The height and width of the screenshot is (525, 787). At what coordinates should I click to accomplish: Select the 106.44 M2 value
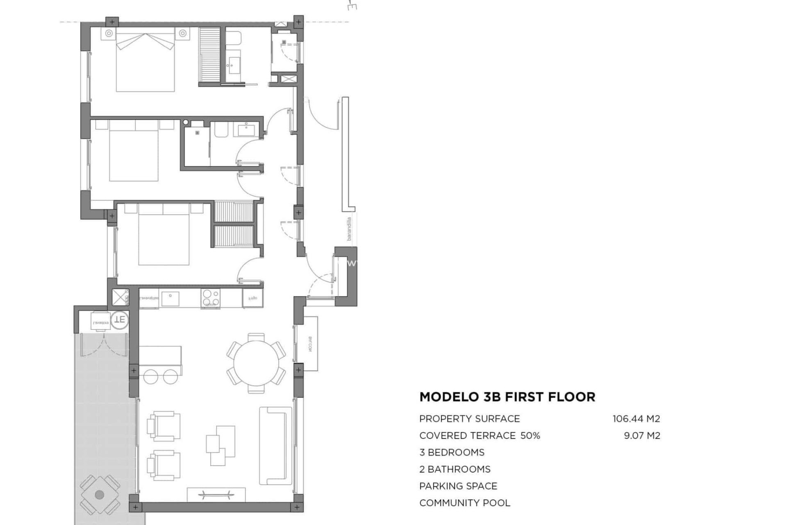pyautogui.click(x=636, y=419)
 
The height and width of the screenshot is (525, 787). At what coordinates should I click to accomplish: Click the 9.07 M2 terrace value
pyautogui.click(x=642, y=436)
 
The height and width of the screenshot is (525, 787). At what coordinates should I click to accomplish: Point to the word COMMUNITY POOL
pyautogui.click(x=464, y=503)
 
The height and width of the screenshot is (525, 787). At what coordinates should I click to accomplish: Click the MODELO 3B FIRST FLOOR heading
pyautogui.click(x=507, y=397)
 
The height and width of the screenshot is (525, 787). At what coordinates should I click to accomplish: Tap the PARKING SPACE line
pyautogui.click(x=458, y=486)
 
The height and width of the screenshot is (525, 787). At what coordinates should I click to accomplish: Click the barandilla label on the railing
pyautogui.click(x=349, y=229)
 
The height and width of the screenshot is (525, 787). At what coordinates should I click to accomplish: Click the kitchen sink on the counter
pyautogui.click(x=170, y=299)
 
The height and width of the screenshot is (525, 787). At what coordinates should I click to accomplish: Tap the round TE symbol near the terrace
pyautogui.click(x=120, y=320)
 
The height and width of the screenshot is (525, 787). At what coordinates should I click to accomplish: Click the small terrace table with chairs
pyautogui.click(x=100, y=494)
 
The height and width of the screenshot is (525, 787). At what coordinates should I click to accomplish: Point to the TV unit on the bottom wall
pyautogui.click(x=216, y=494)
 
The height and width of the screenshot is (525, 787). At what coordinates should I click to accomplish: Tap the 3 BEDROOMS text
pyautogui.click(x=452, y=452)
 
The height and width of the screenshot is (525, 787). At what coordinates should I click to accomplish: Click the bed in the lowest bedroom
pyautogui.click(x=164, y=236)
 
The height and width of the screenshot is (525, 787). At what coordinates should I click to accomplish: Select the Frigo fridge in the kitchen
pyautogui.click(x=252, y=298)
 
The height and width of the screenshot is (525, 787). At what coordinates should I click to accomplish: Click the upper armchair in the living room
pyautogui.click(x=164, y=427)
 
